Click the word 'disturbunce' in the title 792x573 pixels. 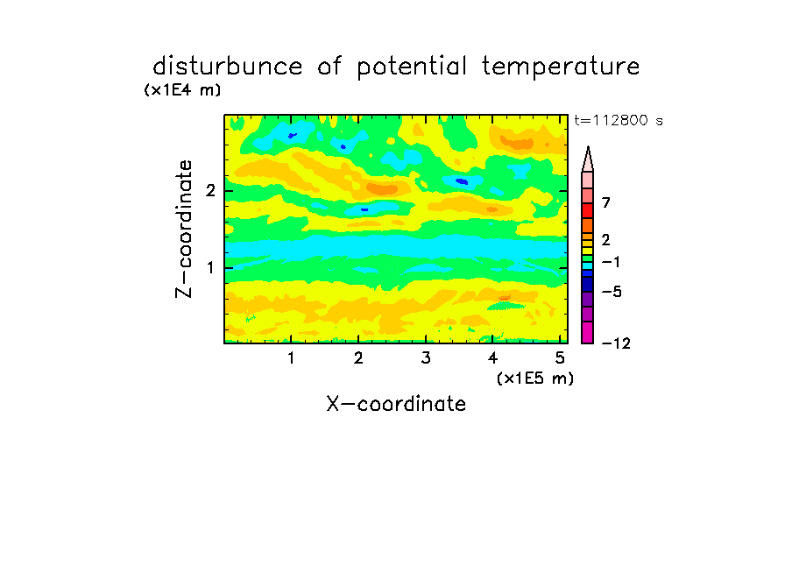tap(228, 67)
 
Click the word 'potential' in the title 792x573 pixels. tap(412, 67)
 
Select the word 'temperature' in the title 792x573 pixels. tap(561, 67)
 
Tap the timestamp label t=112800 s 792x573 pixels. tap(619, 120)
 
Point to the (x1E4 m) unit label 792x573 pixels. tap(182, 90)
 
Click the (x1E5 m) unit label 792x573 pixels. tap(535, 378)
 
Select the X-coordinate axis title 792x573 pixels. tap(396, 404)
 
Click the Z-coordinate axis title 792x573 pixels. tap(184, 229)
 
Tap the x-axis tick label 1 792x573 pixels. tap(291, 357)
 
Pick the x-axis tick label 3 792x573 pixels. tap(426, 357)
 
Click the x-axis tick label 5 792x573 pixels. tap(560, 357)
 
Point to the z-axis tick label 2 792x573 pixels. tap(210, 191)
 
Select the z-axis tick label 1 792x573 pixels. tap(210, 268)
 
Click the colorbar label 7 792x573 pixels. tap(606, 202)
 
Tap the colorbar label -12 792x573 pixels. tap(616, 343)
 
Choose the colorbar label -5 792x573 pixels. tap(612, 292)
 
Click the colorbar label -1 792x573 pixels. tap(612, 262)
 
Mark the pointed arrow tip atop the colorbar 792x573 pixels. tap(588, 147)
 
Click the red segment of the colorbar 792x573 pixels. tap(588, 210)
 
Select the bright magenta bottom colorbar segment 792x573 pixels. tap(588, 332)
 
